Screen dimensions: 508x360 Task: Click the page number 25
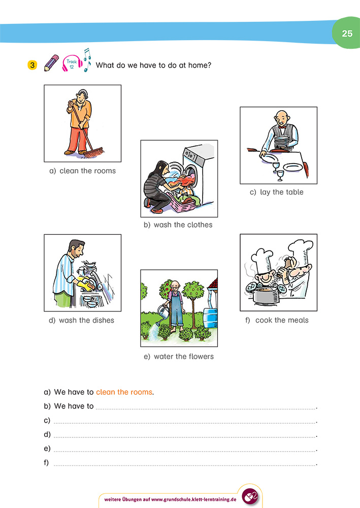(x=347, y=34)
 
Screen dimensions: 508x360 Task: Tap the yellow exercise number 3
(x=32, y=65)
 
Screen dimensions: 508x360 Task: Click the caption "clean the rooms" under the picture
(x=82, y=171)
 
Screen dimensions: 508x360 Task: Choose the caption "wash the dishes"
(x=81, y=320)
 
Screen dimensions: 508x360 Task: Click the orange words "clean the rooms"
(x=124, y=392)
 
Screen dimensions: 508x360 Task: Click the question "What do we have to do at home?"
(x=153, y=65)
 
